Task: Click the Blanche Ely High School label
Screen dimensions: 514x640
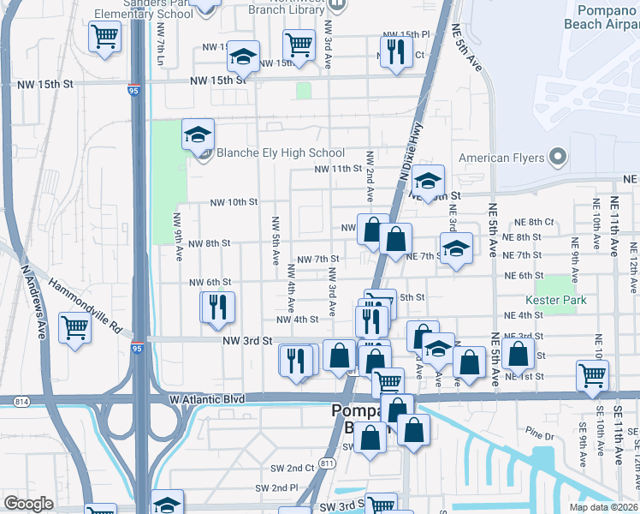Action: (268, 153)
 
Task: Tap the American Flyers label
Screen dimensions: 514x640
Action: (502, 158)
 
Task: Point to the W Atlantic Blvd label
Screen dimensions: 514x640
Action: (207, 399)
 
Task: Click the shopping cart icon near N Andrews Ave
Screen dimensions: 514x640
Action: (75, 326)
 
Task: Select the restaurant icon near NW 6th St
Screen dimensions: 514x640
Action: (217, 306)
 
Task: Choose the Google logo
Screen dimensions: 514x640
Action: (28, 504)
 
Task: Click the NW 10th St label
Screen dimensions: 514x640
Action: (234, 202)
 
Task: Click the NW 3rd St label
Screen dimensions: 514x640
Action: (247, 340)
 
